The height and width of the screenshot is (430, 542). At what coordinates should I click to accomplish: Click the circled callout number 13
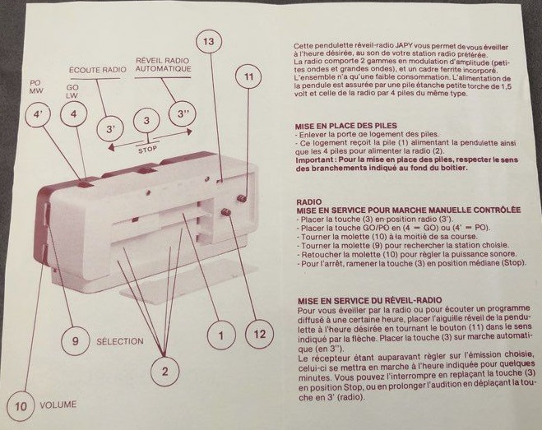[x=208, y=41]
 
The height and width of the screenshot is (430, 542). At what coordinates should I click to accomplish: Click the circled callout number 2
[x=164, y=372]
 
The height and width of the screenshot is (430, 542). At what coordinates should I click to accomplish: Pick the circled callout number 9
[x=74, y=340]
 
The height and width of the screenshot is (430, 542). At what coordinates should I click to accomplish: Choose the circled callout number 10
[x=22, y=405]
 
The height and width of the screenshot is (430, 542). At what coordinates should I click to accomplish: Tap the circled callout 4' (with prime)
[x=38, y=116]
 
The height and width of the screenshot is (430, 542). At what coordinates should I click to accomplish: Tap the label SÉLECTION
[x=120, y=340]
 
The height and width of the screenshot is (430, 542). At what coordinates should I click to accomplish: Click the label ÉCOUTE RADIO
[x=97, y=71]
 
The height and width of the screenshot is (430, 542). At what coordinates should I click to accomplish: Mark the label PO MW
[x=35, y=87]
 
